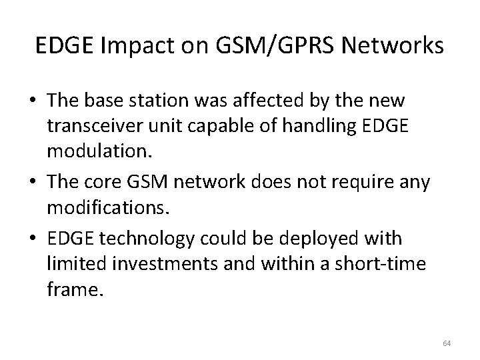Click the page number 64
point(447,343)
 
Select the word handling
point(298,126)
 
